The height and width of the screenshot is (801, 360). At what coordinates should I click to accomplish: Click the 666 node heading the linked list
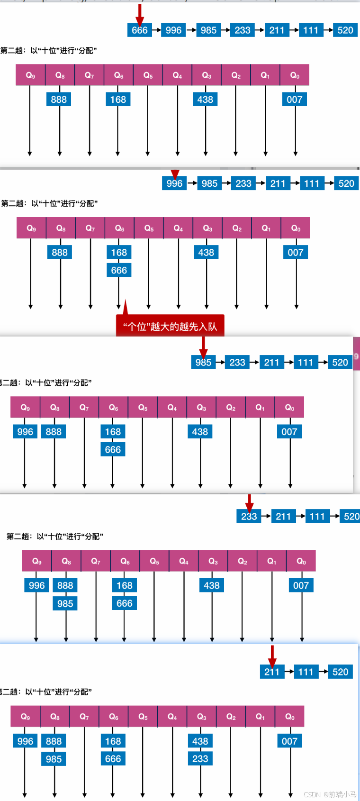139,30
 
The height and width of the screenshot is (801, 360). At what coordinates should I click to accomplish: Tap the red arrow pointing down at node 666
140,13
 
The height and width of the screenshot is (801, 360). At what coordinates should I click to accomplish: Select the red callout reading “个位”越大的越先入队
170,326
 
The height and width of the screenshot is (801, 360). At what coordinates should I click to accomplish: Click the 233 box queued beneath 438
200,759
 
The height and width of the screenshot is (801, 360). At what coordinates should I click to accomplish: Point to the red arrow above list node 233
249,502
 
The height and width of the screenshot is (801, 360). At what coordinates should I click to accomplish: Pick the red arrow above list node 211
272,656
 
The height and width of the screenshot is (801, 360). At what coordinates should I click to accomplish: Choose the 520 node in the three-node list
340,672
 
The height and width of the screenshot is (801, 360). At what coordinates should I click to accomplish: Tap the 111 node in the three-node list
306,672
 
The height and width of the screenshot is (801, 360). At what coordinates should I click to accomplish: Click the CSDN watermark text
330,794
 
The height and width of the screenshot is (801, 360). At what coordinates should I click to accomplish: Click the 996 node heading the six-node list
174,183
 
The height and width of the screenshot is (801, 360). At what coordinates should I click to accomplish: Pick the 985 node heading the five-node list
203,363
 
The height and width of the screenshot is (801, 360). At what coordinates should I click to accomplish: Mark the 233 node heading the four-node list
249,516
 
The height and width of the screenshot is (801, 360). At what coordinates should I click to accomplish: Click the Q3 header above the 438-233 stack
201,717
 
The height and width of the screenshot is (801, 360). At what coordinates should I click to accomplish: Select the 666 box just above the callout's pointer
119,270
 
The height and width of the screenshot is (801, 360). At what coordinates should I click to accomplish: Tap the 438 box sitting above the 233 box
200,741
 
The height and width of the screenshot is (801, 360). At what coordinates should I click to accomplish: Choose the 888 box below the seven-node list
59,100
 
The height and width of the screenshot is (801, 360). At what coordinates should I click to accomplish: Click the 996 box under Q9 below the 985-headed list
25,432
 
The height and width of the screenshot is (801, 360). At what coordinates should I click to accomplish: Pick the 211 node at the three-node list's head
272,672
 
